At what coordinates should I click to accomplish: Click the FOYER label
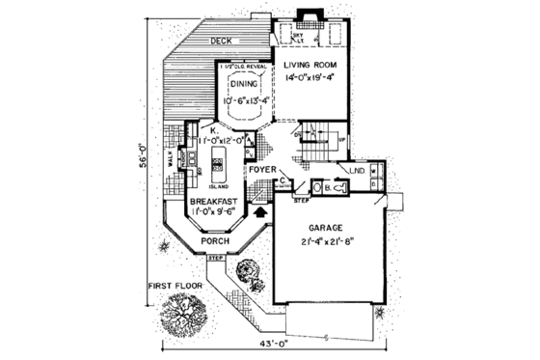[262, 170]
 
